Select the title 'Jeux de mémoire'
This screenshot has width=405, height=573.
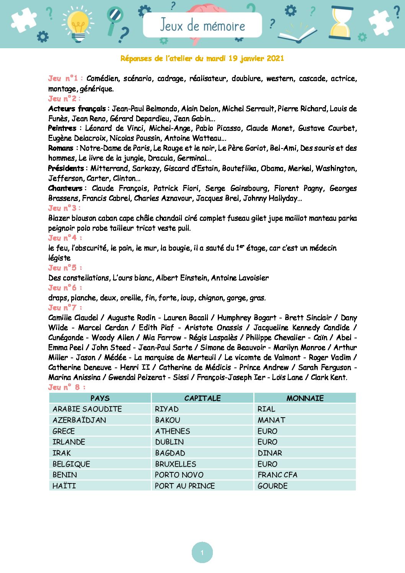pos(202,25)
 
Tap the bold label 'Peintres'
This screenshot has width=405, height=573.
pos(62,128)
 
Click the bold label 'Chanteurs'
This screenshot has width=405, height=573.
pos(65,188)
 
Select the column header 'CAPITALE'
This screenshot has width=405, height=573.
pos(202,398)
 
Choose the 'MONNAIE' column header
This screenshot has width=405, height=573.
pos(305,398)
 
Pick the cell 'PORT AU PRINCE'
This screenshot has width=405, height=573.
pos(185,486)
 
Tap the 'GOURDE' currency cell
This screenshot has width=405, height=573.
pos(273,486)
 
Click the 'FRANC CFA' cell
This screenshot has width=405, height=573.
pos(278,475)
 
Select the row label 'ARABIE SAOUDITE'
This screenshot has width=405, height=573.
pos(87,409)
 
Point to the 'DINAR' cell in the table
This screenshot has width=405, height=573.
pos(270,453)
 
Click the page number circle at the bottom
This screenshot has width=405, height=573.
pos(202,552)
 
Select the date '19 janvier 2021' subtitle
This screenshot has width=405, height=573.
pos(256,59)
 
